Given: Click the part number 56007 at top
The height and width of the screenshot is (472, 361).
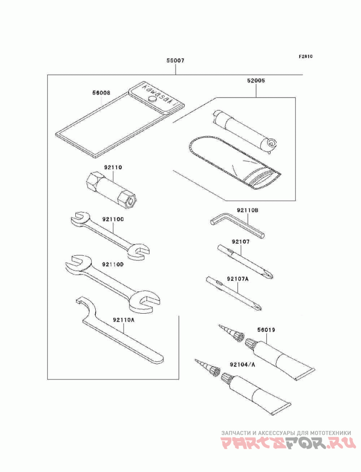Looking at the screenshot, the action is pos(175,61).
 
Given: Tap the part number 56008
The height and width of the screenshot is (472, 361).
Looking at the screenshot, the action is pos(101,93).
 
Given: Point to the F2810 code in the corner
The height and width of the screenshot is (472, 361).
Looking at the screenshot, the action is pos(305,56).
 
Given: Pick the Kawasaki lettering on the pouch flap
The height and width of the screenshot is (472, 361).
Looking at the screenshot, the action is pos(159,95).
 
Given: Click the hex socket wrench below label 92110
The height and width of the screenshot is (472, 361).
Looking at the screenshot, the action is pos(111,189).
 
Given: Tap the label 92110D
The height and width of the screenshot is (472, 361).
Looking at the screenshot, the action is pos(113,264).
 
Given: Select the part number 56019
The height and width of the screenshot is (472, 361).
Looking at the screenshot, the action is pos(266,330).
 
